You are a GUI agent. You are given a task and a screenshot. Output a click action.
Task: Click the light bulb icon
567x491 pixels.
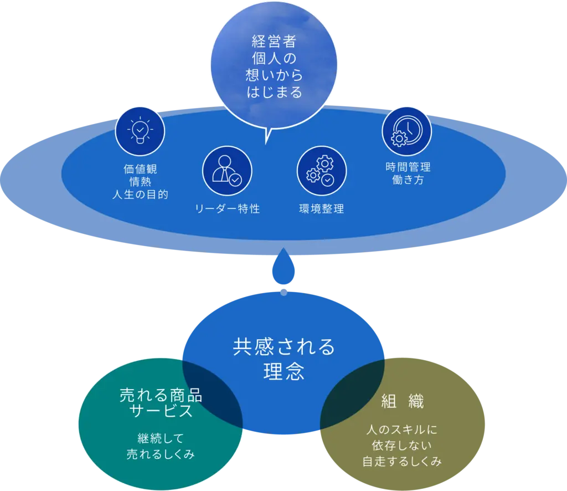[x=140, y=131]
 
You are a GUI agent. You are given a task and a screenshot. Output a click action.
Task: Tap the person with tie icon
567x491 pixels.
[x=227, y=172]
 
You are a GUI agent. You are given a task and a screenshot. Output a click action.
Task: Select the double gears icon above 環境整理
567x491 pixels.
[x=321, y=171]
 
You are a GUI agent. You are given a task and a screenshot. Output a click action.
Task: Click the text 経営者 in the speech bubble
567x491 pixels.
[x=275, y=43]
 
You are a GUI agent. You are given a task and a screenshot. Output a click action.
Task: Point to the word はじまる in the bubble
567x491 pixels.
[x=275, y=92]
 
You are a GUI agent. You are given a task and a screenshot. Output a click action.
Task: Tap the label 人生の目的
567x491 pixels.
[x=140, y=195]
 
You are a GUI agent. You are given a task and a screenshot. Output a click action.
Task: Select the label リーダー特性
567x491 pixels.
[x=227, y=209]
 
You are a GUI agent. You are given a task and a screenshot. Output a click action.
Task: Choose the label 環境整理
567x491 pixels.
[x=321, y=209]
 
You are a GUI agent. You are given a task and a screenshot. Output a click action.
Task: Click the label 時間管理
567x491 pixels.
[x=408, y=167]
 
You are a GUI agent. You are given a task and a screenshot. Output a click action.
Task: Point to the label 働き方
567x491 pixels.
[x=408, y=180]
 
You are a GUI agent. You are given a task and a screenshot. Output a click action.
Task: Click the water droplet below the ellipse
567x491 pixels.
[x=283, y=269]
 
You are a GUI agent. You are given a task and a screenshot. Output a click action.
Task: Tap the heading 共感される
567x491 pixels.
[x=283, y=347]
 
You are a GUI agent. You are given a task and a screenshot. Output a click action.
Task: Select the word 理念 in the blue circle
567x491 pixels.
[x=283, y=372]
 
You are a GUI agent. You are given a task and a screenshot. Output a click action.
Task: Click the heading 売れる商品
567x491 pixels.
[x=161, y=396]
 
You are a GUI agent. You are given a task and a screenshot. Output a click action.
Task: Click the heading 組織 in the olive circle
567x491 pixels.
[x=403, y=402]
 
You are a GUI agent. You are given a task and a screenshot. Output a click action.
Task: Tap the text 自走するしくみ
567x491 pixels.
[x=403, y=461]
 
